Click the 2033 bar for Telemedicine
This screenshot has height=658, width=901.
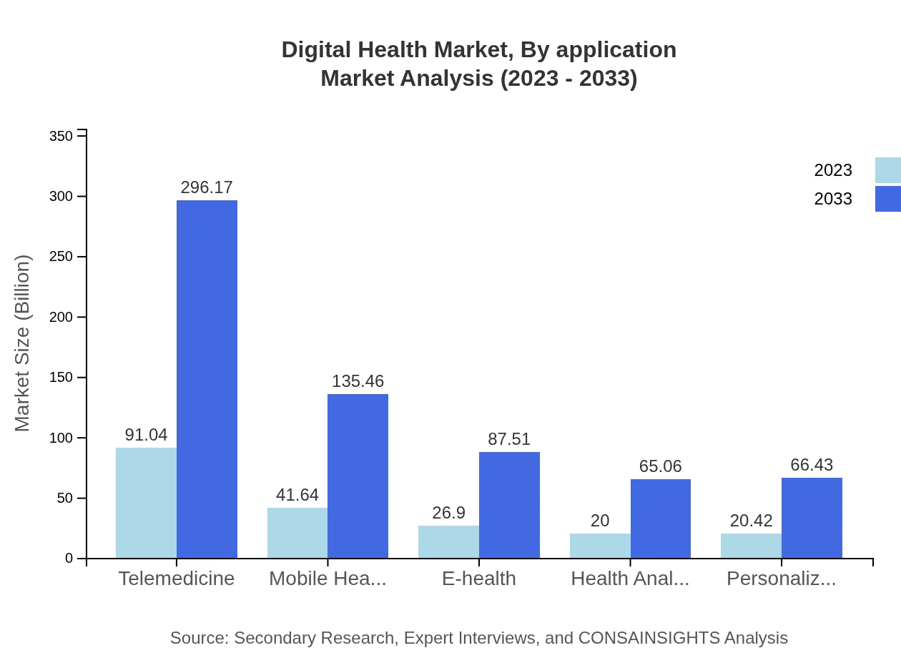(207, 379)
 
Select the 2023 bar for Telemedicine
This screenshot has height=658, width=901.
(146, 503)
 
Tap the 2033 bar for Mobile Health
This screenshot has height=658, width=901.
(358, 476)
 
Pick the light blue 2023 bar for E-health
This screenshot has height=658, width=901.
(448, 541)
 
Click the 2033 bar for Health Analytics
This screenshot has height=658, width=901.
(661, 519)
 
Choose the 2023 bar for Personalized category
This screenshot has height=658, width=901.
(751, 545)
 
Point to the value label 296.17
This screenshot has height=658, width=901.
(207, 187)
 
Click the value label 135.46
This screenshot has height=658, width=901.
(358, 381)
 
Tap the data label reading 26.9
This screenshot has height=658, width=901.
(448, 513)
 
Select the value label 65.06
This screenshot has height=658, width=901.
(661, 466)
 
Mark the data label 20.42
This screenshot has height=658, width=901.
(751, 521)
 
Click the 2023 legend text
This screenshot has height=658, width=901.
(833, 170)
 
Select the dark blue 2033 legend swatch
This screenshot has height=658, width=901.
(888, 199)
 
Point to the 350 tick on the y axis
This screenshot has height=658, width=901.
(61, 136)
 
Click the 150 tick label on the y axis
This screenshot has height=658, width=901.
(61, 378)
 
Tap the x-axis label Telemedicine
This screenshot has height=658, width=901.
(177, 578)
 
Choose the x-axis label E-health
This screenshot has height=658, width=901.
(479, 578)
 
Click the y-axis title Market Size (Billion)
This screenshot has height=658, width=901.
(23, 343)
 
